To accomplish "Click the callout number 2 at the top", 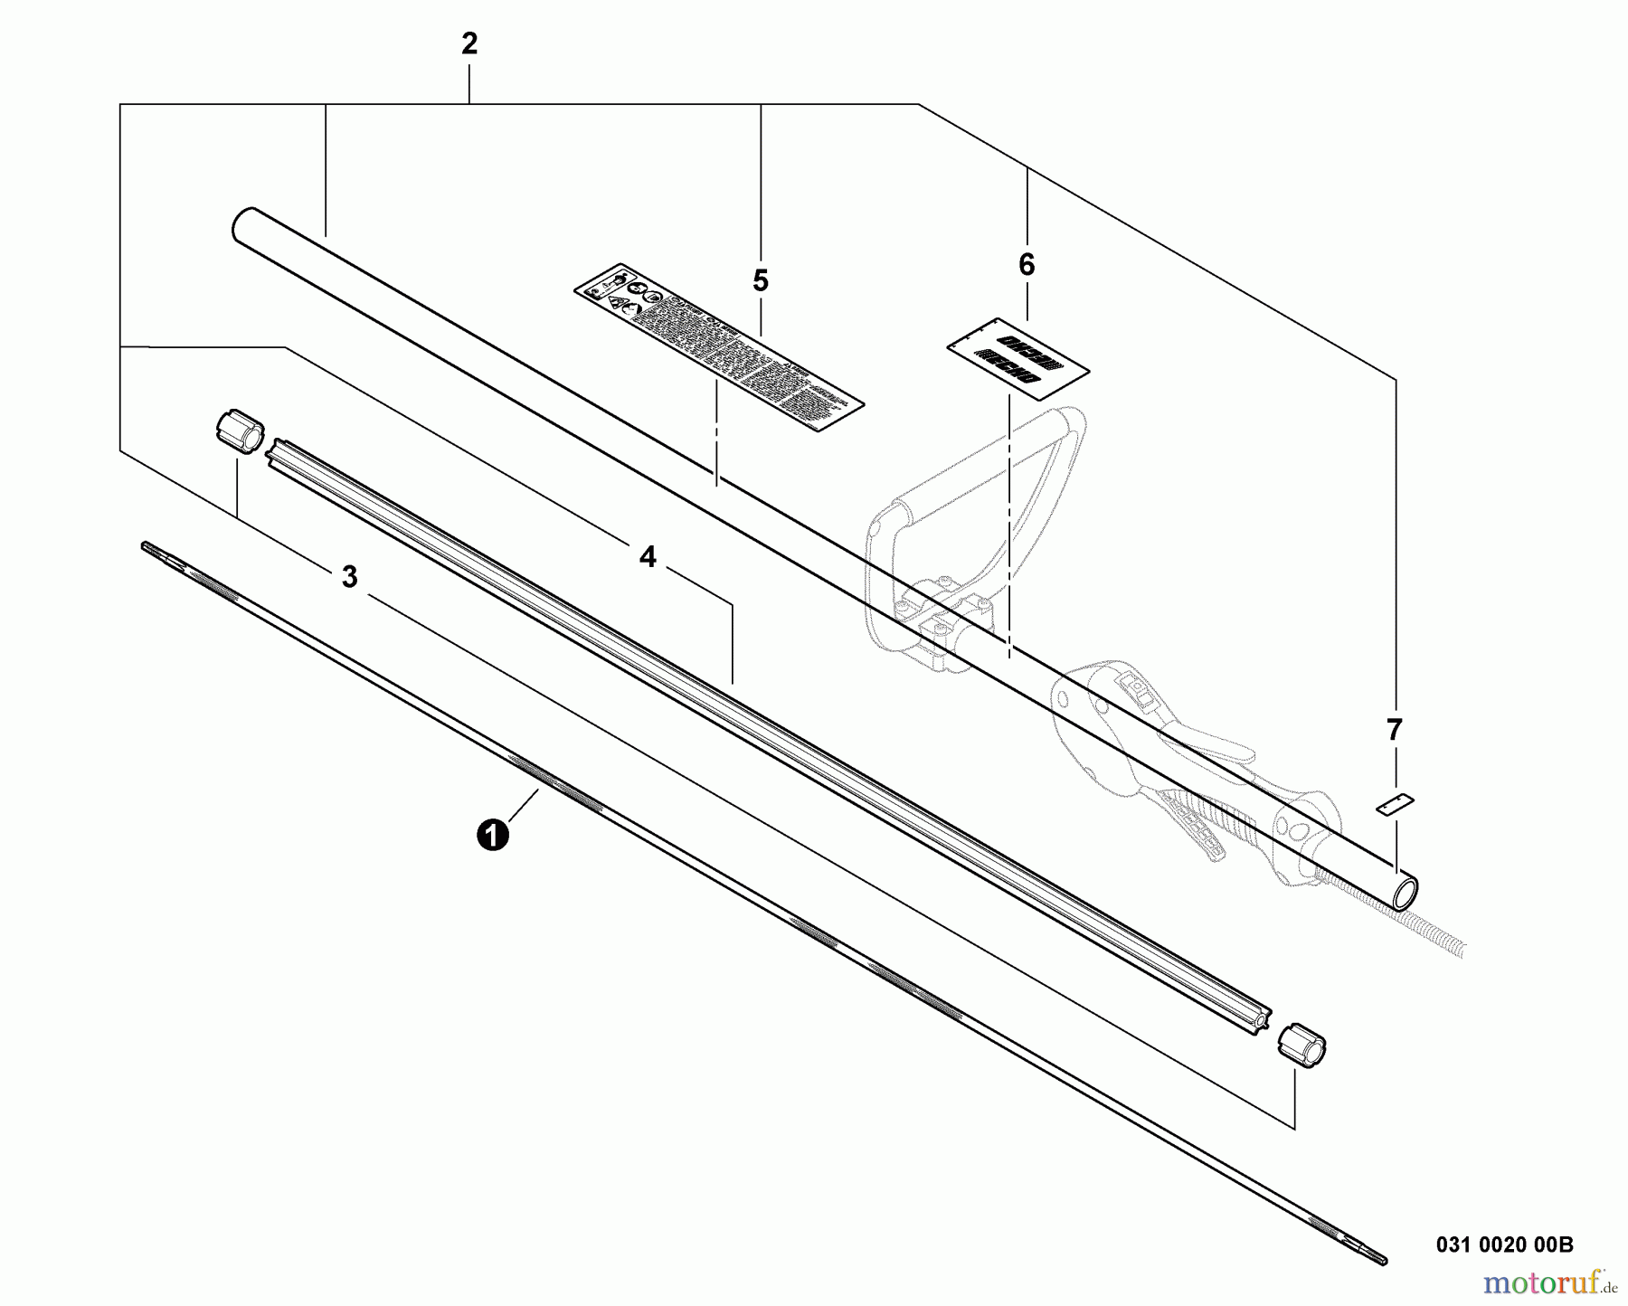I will (x=469, y=44).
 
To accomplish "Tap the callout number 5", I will (x=760, y=281).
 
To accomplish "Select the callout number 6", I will (x=1026, y=265).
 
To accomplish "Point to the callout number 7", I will (x=1394, y=729).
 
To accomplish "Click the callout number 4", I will (x=648, y=557).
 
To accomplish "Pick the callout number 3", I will (x=350, y=577).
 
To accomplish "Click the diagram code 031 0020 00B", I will (x=1504, y=1244).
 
